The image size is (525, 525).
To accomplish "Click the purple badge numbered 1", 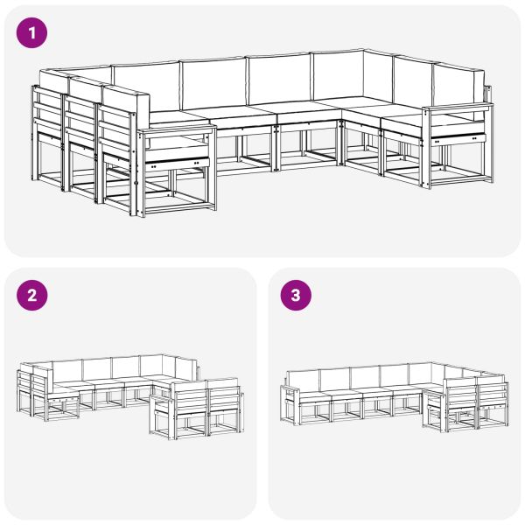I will coord(32,34).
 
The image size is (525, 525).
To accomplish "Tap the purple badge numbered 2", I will coord(32,295).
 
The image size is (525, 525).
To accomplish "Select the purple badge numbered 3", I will coord(295,295).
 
